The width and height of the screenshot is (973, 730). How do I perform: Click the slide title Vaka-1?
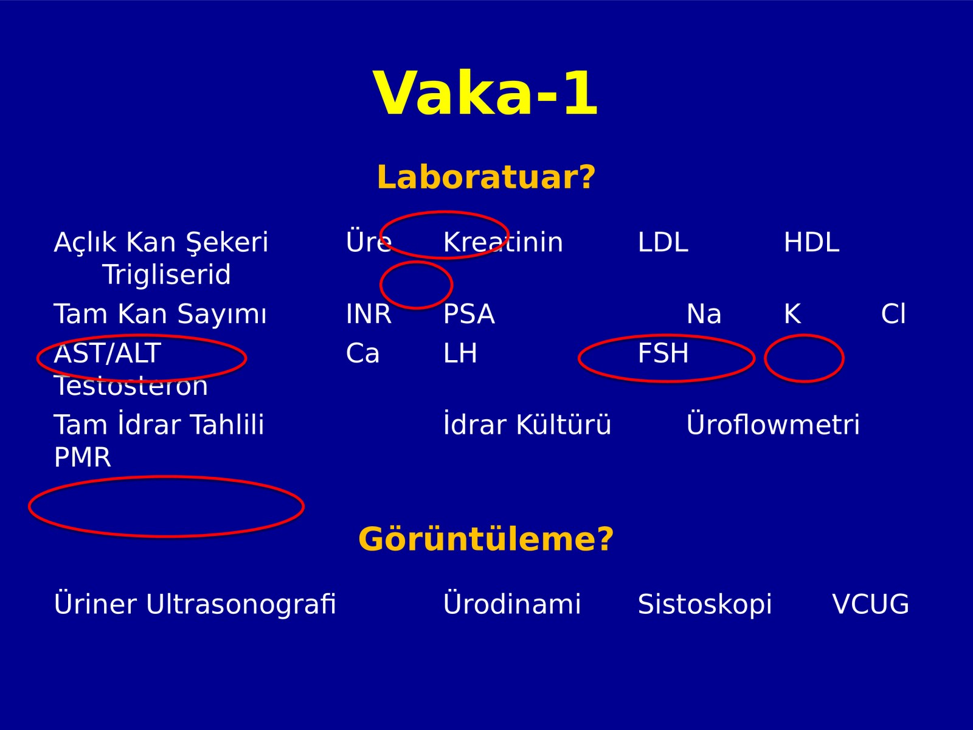coord(486,94)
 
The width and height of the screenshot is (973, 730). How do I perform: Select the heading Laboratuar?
coord(486,177)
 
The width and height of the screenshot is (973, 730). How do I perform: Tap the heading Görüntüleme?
coord(486,540)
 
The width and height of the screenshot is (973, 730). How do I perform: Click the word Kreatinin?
coord(503,242)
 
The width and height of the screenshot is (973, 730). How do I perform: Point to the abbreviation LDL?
coord(663,242)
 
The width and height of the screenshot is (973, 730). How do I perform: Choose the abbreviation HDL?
coord(811,242)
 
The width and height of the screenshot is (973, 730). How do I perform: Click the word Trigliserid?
coord(166,274)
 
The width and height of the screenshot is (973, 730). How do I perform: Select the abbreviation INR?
coord(369,314)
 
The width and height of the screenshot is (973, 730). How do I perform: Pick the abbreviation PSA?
coord(469,314)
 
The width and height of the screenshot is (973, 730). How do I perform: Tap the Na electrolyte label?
coord(704,314)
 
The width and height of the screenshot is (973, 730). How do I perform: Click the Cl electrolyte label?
coord(893,314)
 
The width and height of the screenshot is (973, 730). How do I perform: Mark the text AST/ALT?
coord(107,353)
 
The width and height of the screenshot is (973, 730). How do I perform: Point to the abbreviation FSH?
coord(663,353)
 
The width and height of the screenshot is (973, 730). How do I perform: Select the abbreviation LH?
coord(460,353)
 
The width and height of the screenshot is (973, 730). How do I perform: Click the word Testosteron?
coord(131,386)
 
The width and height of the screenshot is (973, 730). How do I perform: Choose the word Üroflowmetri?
coord(773,424)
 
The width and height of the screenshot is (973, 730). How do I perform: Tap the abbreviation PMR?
coord(83,457)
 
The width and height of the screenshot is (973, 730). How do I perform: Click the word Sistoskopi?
coord(705,604)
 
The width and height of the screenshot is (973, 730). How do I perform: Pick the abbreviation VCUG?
coord(871,604)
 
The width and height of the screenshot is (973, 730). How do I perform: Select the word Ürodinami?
coord(512,603)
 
